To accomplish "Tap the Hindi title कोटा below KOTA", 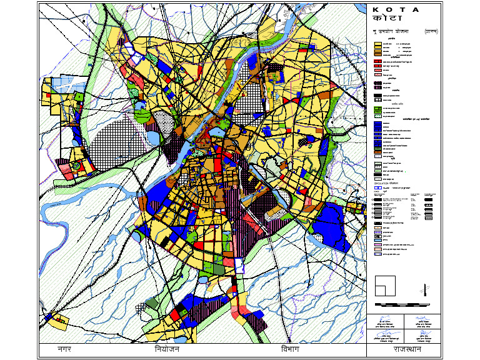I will point(388,19).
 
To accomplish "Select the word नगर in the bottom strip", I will point(64,349).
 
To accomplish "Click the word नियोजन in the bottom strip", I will point(167,349).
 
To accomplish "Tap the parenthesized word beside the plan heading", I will point(431,31).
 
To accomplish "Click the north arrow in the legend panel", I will point(425,289).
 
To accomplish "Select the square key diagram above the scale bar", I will point(384,285).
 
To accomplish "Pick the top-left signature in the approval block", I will point(386,319).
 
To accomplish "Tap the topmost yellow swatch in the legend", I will point(377,44).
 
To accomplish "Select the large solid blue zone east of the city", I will point(327,224).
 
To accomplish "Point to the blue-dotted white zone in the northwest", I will point(59,81).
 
